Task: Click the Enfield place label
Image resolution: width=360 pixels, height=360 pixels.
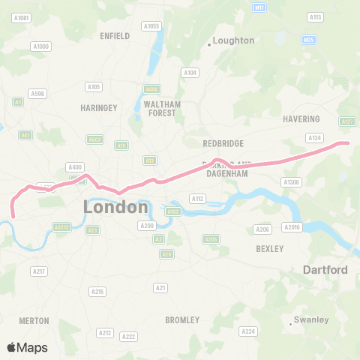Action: pos(115,35)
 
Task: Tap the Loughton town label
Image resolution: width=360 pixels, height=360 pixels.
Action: pos(233,40)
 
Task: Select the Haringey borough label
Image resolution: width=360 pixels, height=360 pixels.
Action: pos(99,108)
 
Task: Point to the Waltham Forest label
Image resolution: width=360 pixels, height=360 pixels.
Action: pos(162,109)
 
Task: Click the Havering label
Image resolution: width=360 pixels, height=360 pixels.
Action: pos(301,118)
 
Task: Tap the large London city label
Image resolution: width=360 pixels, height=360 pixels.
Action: pos(115,206)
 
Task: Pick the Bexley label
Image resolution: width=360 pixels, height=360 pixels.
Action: pos(269,248)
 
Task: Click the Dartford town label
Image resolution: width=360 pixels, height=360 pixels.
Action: pos(325,269)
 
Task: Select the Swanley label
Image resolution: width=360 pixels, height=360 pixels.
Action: pos(311,319)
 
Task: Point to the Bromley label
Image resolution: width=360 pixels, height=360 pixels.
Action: pos(182,320)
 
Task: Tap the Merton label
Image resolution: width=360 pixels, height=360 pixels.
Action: pos(34,320)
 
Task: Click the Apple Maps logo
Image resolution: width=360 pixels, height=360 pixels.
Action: pos(27,347)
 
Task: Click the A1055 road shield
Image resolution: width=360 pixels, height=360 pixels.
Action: pos(152,26)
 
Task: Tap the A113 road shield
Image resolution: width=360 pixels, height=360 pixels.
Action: pos(315,16)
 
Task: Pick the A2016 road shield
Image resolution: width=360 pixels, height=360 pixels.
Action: pos(292,226)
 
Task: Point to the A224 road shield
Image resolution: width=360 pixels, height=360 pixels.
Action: pos(247,331)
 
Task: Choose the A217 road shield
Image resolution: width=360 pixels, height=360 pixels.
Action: pos(40,271)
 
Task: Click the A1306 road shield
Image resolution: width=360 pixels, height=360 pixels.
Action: pos(290,181)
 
